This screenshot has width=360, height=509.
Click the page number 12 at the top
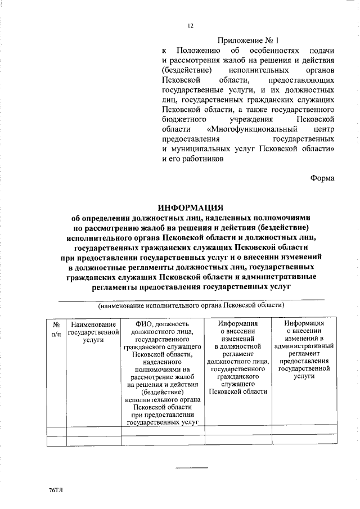(191, 25)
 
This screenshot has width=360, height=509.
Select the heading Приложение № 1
(248, 40)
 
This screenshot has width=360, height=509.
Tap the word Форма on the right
(322, 178)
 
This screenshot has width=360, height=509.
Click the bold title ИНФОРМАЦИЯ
(191, 207)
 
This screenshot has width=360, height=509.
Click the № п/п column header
(56, 328)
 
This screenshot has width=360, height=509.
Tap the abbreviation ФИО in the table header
(145, 324)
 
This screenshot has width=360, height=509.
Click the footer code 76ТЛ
(56, 491)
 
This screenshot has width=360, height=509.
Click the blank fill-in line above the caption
(191, 299)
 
